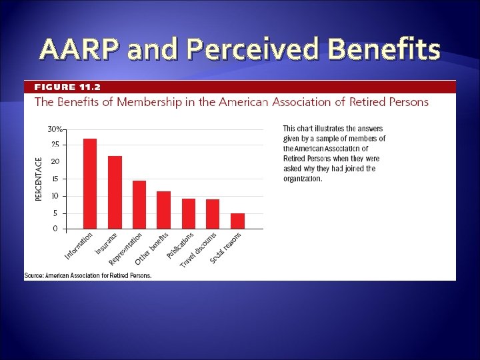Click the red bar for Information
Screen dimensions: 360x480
[90, 184]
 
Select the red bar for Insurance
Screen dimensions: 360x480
[115, 193]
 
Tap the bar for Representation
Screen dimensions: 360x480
[139, 205]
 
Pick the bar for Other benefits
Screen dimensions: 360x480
[163, 210]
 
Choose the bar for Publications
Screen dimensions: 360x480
[189, 214]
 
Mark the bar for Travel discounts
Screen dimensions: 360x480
[213, 214]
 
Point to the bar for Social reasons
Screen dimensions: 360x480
[237, 221]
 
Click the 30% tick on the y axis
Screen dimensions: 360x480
[55, 129]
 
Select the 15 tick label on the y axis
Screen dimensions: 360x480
[55, 179]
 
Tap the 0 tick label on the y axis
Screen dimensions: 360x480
[55, 229]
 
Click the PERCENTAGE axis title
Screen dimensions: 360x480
[38, 178]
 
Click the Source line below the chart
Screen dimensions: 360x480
[88, 275]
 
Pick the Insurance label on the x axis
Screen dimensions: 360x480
[107, 243]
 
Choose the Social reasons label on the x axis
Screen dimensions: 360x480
[226, 247]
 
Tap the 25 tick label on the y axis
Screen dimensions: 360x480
[55, 145]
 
